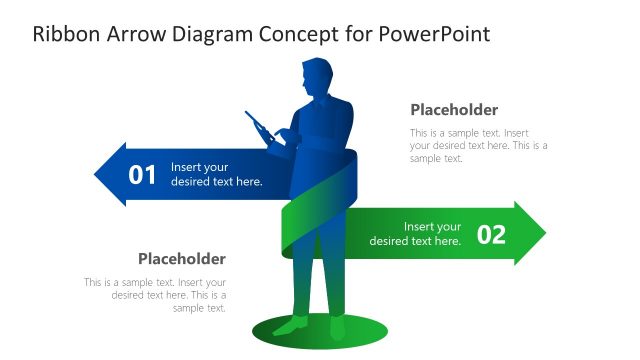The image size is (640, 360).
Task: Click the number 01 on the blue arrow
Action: coord(143,175)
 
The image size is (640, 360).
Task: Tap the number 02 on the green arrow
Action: coord(491,234)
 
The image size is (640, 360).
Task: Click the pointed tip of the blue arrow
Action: coord(97,175)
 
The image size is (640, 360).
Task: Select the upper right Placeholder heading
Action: coord(454,110)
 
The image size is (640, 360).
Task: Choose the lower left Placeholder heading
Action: coord(182,259)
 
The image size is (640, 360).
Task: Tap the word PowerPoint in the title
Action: coord(435,34)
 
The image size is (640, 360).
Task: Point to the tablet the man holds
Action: coord(260,127)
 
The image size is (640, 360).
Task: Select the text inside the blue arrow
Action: coord(216,175)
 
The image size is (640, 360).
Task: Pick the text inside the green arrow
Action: coord(416,234)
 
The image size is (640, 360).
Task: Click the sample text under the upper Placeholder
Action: coord(478,145)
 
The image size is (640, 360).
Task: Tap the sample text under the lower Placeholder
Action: coord(156,295)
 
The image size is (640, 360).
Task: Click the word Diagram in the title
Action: coord(213,34)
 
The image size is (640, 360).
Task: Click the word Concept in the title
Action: coord(304,34)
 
